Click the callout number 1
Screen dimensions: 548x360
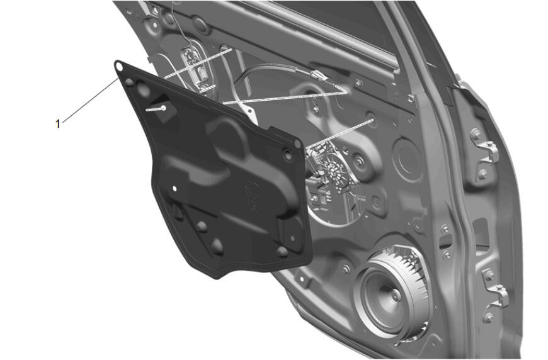pos(58,123)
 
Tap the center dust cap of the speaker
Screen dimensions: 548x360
pos(396,295)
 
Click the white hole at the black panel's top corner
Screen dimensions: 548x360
pos(118,65)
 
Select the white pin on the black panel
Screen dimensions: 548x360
pos(156,109)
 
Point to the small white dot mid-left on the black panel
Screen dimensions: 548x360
pos(174,189)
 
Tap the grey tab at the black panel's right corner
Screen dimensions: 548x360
pos(298,143)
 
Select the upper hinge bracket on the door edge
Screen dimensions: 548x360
pos(485,154)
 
